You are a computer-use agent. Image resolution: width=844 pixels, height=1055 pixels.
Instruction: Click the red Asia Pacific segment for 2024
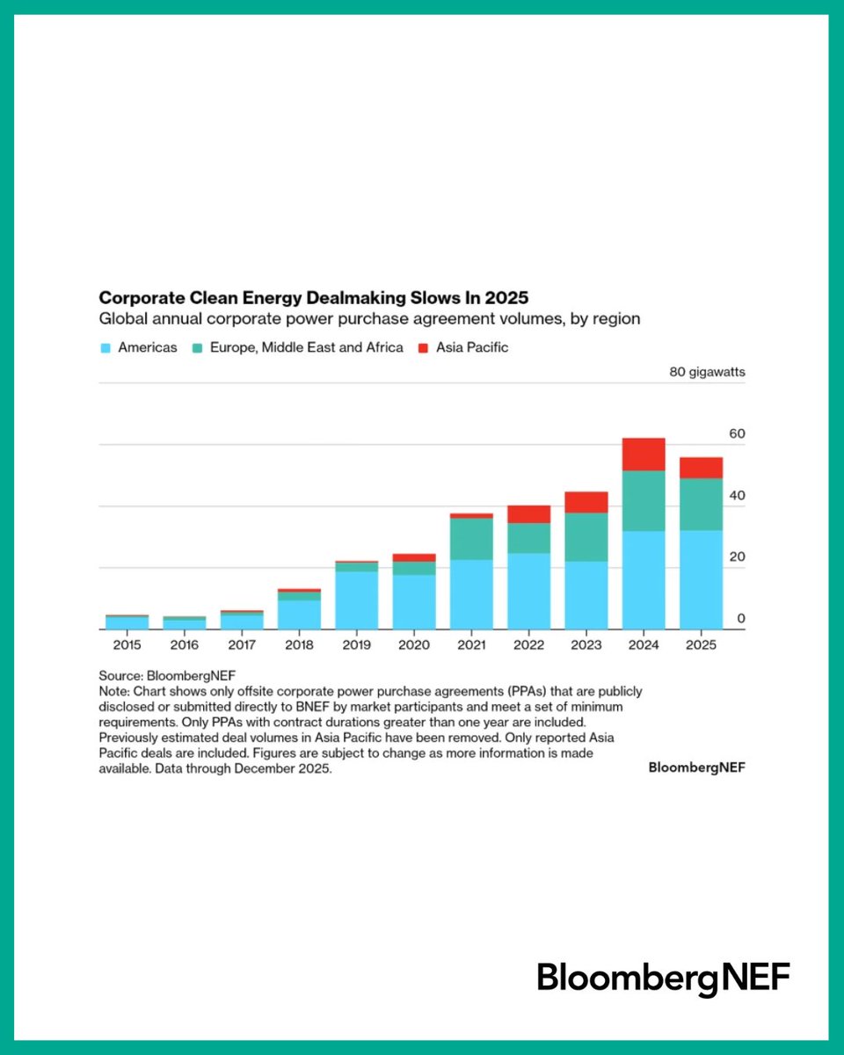(644, 454)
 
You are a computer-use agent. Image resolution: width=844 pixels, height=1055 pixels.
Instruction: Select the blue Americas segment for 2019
(357, 600)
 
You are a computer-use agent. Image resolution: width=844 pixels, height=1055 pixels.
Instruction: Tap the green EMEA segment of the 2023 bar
(586, 536)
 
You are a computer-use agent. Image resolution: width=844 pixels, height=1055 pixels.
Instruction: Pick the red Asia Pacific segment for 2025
(701, 468)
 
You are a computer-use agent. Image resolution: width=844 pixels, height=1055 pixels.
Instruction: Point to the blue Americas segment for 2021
(471, 594)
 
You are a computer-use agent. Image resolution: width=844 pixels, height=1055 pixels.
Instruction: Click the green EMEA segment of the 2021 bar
(471, 538)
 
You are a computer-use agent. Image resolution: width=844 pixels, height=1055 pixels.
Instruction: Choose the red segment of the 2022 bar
(529, 514)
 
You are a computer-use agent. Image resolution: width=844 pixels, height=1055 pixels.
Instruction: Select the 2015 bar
(127, 622)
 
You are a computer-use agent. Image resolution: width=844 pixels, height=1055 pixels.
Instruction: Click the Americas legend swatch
(105, 348)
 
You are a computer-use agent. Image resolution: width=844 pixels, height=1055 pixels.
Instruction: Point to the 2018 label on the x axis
(299, 644)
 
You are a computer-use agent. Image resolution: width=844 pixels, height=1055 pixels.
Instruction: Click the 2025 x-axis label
(701, 644)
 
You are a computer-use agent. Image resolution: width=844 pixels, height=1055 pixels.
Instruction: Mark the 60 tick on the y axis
(736, 434)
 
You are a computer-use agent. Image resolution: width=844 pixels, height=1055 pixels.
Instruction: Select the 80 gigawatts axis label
(707, 372)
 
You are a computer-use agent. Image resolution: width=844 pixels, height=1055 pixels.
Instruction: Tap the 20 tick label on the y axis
(736, 557)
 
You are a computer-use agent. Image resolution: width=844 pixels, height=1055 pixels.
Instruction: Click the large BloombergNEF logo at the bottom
(664, 979)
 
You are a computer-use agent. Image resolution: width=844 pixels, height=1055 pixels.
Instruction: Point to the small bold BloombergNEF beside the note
(696, 768)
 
